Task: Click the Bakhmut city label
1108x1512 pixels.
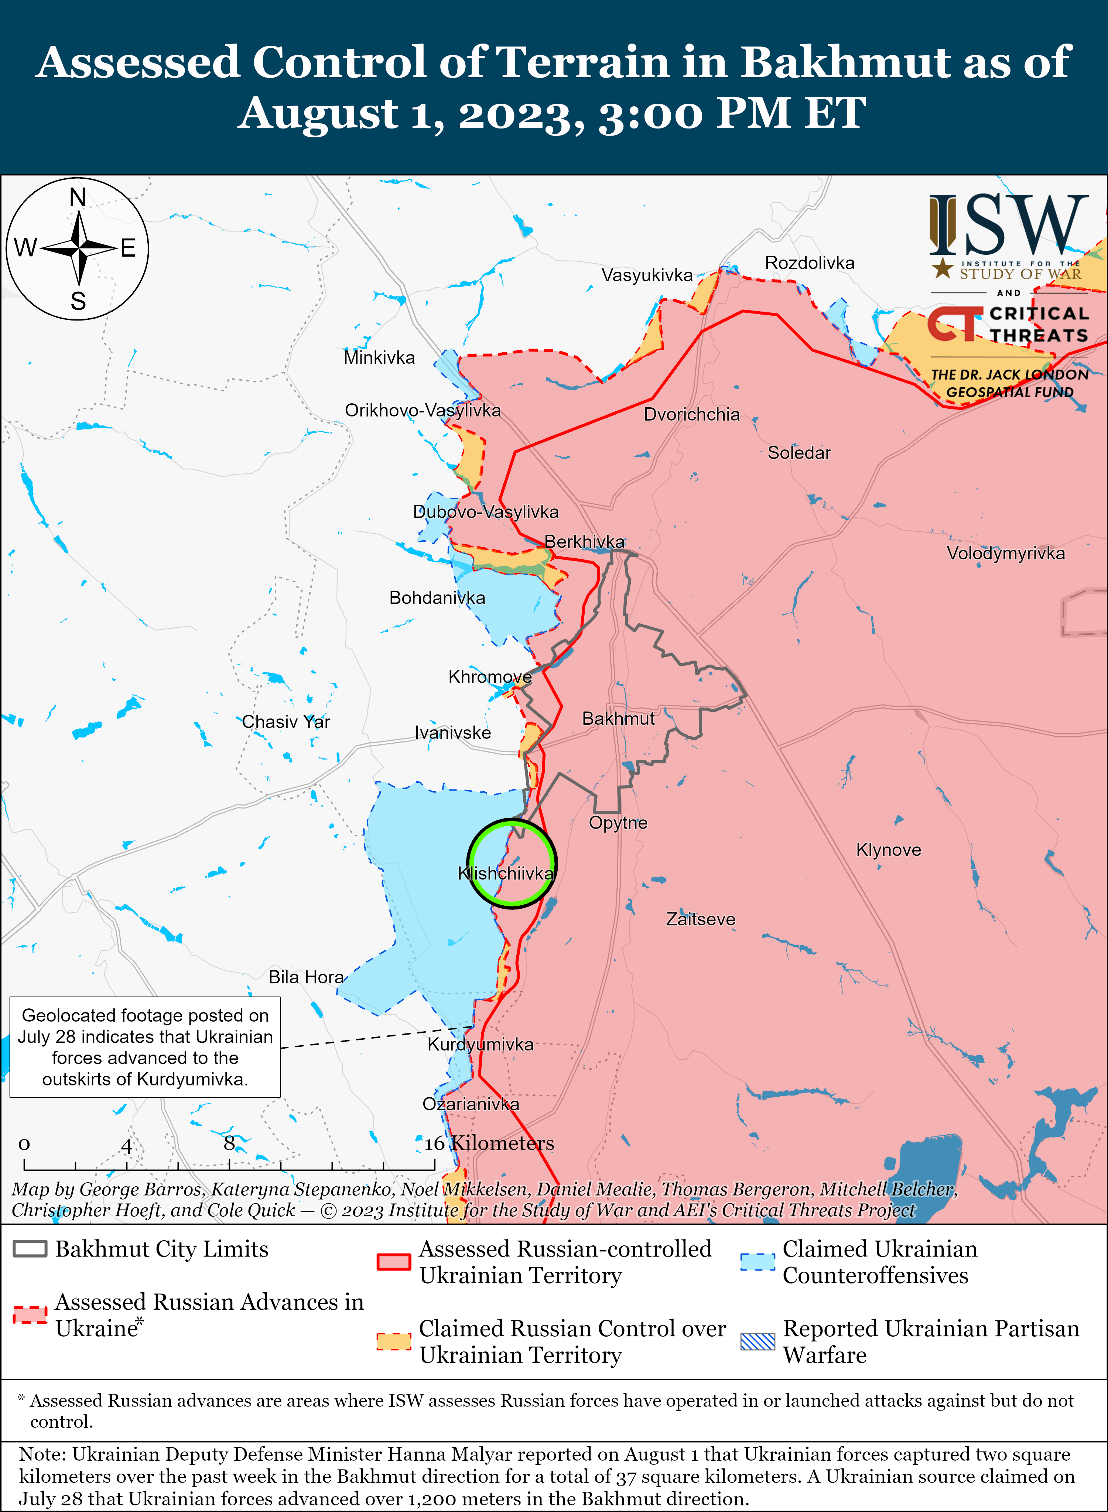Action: coord(618,719)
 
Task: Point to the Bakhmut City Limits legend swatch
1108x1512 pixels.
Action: coord(30,1248)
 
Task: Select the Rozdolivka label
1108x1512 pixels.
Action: coord(810,263)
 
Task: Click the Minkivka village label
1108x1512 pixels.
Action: coord(379,357)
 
